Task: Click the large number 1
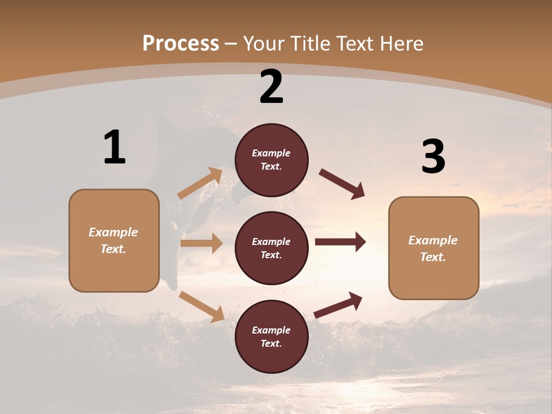click(x=114, y=147)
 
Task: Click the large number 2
click(x=271, y=87)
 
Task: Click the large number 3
click(x=433, y=156)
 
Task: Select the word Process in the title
click(x=181, y=43)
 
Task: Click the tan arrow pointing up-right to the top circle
click(x=200, y=183)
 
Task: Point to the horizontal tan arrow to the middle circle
click(x=201, y=243)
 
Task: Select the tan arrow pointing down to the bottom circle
click(x=201, y=306)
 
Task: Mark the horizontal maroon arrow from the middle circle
click(x=340, y=242)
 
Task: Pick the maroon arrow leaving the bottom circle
click(x=338, y=305)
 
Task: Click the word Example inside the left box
click(x=113, y=232)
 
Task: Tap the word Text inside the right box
click(x=432, y=257)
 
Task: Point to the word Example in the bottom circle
click(x=271, y=330)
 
